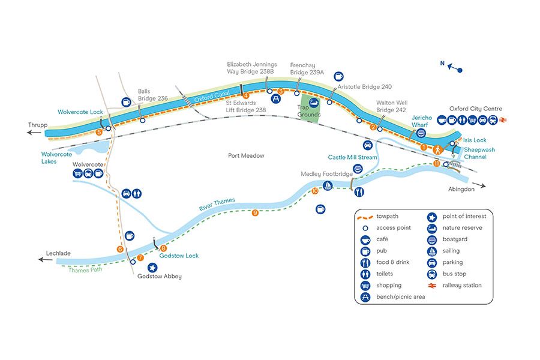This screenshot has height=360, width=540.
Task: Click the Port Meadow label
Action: (x=246, y=156)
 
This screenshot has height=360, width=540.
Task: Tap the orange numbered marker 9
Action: (x=256, y=212)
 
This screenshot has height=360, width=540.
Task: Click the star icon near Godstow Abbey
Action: (x=152, y=267)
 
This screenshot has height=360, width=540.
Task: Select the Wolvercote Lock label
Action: (x=81, y=112)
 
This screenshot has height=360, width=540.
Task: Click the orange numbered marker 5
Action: (x=99, y=131)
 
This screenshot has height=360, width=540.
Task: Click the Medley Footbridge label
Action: (x=326, y=174)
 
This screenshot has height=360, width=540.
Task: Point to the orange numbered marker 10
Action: (x=315, y=191)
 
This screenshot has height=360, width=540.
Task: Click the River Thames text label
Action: (x=217, y=204)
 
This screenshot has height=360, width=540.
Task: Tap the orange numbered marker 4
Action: (x=245, y=95)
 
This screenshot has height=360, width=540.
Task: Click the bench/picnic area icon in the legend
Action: (x=365, y=297)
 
